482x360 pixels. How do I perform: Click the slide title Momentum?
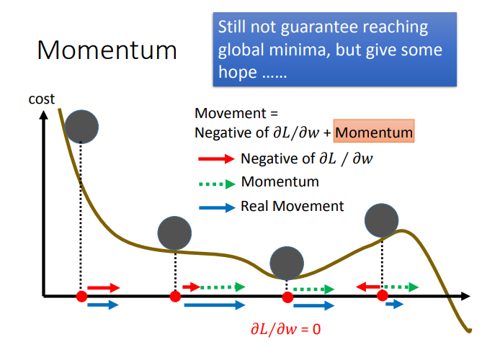click(107, 50)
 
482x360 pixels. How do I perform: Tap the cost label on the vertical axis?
click(41, 99)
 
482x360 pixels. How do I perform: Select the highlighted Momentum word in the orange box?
click(375, 132)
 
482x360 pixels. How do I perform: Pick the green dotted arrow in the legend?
click(215, 182)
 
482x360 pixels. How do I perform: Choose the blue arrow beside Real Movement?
click(215, 207)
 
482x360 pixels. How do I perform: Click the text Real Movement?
click(293, 206)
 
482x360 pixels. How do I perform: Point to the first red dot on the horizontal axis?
click(81, 296)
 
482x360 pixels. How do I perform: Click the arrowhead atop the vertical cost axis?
click(45, 114)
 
